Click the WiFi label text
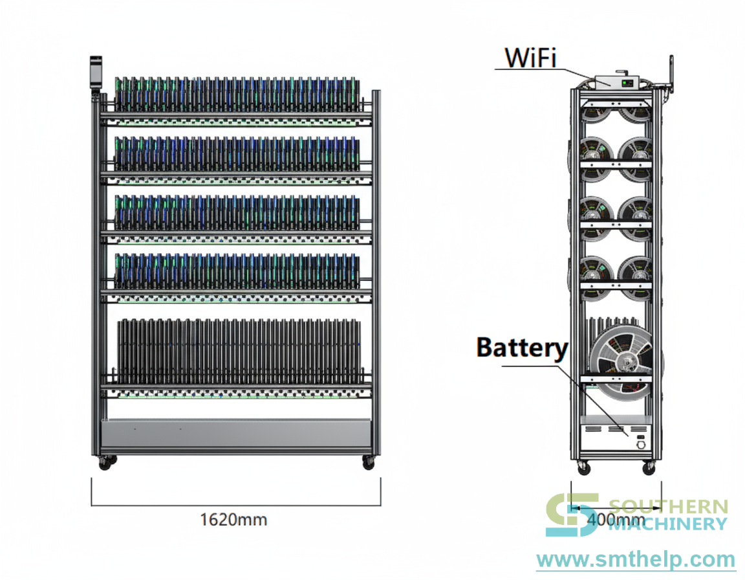pos(530,58)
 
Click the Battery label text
pos(522,348)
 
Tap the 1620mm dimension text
pos(233,520)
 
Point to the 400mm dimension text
pos(616,519)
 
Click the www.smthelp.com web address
pos(636,559)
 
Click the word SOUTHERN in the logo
pos(668,507)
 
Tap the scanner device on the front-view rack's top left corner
pos(96,72)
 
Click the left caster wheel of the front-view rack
pos(105,463)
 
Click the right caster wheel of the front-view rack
pos(368,463)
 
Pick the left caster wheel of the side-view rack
pos(584,467)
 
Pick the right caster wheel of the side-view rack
pos(649,467)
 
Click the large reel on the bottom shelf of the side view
pos(622,361)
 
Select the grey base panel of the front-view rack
pos(235,434)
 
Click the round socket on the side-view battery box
pos(641,445)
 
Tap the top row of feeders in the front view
pos(237,94)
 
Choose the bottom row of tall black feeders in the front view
pos(239,351)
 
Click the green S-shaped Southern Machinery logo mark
pos(572,515)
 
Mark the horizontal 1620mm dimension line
pos(235,506)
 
